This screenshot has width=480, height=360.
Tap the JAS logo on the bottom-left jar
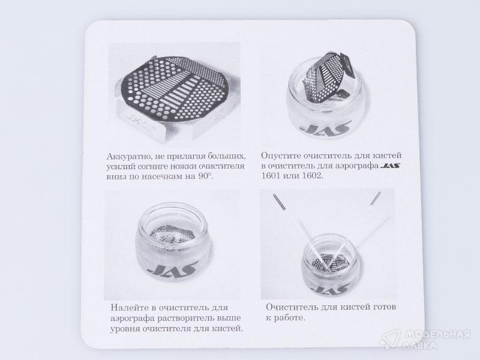(x=172, y=268)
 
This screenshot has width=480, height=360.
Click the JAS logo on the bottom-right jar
(x=332, y=289)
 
